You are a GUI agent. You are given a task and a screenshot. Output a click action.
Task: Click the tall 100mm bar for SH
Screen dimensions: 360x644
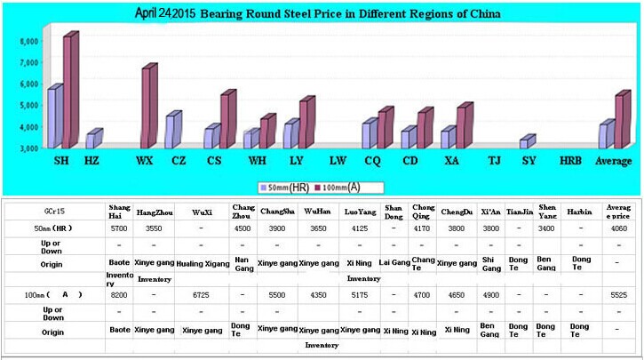pyautogui.click(x=68, y=92)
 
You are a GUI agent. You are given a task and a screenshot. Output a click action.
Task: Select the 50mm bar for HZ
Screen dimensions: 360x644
pyautogui.click(x=91, y=140)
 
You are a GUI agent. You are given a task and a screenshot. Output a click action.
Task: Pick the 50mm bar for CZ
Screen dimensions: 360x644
pyautogui.click(x=171, y=132)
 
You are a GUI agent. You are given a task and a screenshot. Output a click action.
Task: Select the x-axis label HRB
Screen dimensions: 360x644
pyautogui.click(x=570, y=161)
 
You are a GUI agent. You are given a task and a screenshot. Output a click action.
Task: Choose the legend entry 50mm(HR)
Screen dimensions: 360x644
pyautogui.click(x=284, y=188)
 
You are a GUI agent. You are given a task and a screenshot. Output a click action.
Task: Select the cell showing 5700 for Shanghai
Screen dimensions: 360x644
pyautogui.click(x=119, y=228)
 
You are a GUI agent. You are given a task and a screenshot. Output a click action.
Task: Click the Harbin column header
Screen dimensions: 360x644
pyautogui.click(x=581, y=212)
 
